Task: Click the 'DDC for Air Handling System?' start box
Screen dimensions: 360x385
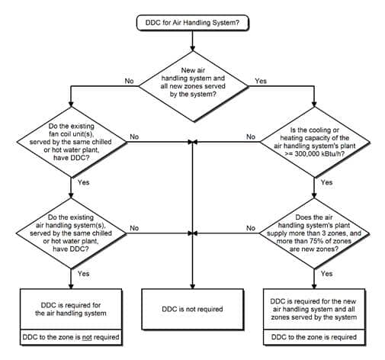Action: coord(192,23)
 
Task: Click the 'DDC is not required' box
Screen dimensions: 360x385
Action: coord(192,309)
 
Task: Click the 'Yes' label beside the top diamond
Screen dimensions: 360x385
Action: coord(261,80)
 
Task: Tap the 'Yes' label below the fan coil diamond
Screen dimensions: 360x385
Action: coord(84,182)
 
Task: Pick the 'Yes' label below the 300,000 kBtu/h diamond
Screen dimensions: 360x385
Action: coord(326,182)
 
